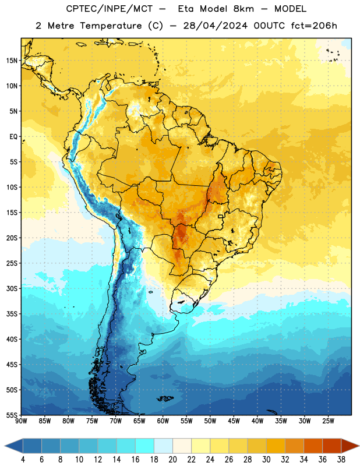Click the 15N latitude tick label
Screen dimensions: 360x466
[12, 61]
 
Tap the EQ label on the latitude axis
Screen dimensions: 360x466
[13, 137]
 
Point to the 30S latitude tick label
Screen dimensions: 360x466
[12, 288]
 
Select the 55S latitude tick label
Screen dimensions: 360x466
[12, 415]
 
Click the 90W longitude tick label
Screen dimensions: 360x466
[22, 421]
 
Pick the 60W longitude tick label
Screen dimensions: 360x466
[163, 421]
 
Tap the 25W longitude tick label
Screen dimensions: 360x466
[328, 421]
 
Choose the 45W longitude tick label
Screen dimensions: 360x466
[234, 421]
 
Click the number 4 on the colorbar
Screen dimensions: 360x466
[23, 460]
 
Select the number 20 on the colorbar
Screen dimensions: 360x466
[172, 460]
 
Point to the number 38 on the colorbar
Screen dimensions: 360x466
[341, 460]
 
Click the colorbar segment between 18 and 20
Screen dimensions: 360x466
[164, 446]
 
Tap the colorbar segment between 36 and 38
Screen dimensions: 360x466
[332, 446]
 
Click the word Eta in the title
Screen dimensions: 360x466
[185, 9]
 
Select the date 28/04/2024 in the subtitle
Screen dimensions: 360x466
[215, 26]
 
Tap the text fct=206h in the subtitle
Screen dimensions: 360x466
[314, 26]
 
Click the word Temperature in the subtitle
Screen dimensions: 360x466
[111, 26]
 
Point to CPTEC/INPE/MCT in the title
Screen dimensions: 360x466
[110, 9]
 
